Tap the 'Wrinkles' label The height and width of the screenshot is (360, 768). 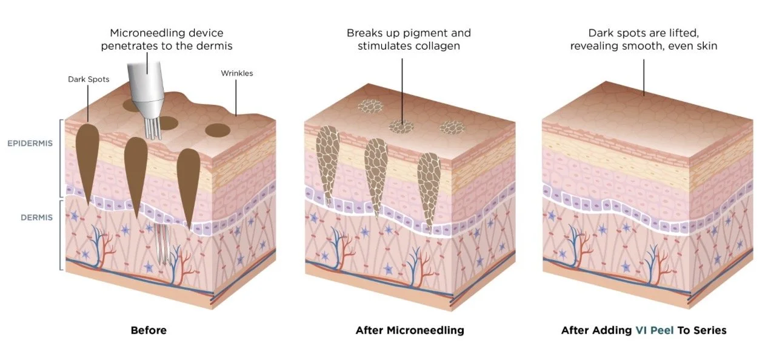click(237, 73)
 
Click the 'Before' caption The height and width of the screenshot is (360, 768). click(149, 330)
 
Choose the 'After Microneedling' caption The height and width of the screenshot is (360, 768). click(410, 330)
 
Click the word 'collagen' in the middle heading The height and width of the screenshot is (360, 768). click(441, 45)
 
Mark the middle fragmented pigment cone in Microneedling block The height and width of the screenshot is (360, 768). click(376, 176)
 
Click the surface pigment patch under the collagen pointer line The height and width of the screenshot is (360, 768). click(401, 126)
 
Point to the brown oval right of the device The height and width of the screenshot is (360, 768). click(217, 130)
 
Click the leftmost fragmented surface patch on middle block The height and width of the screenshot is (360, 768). click(368, 107)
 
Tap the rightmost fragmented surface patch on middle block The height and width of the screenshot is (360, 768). click(451, 127)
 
